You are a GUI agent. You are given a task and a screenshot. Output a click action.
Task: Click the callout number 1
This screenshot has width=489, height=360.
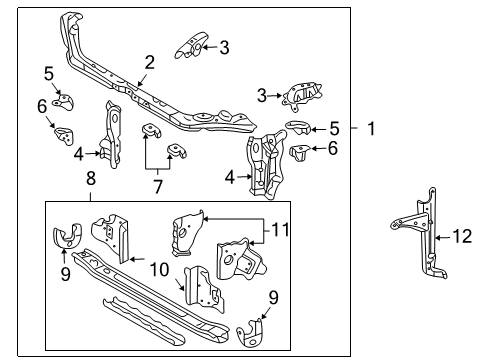point(370,128)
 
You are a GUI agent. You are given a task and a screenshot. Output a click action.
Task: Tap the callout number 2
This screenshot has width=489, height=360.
point(149,62)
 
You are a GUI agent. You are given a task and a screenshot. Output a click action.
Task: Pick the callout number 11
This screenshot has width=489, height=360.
point(282,229)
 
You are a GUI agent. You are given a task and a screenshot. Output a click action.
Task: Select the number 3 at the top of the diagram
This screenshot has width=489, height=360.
point(224,46)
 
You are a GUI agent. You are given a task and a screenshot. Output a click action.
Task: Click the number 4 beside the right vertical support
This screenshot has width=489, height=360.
point(229,176)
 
